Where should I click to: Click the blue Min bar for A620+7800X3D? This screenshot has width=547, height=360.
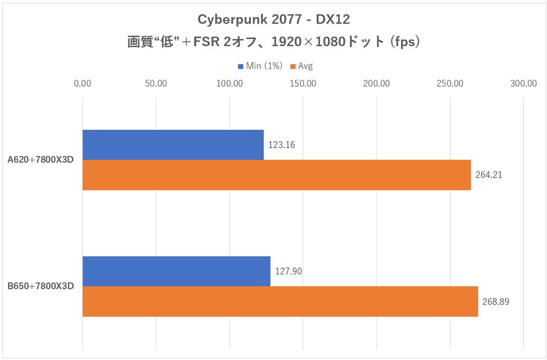point(173,145)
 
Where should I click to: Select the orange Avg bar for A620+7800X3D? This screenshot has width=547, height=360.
point(277,175)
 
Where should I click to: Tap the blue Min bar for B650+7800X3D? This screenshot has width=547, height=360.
point(176,271)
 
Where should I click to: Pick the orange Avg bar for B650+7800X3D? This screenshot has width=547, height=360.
point(280,302)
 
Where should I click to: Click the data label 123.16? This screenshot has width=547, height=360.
point(282,145)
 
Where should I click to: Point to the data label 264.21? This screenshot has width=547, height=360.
point(489,175)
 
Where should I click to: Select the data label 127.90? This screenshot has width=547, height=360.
point(288,271)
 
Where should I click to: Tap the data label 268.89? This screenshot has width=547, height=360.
point(496,302)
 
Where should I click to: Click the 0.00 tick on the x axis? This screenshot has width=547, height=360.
point(83,84)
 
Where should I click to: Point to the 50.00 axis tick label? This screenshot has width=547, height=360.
point(156,84)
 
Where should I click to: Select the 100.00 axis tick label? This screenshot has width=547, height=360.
point(230,84)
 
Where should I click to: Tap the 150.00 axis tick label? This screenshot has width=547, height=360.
point(303,84)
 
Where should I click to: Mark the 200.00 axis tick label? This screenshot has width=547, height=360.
point(376,84)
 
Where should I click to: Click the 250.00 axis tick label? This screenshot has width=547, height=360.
point(450,84)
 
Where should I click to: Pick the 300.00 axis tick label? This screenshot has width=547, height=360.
point(523,84)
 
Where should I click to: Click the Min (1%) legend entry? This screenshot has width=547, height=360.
point(260,66)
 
